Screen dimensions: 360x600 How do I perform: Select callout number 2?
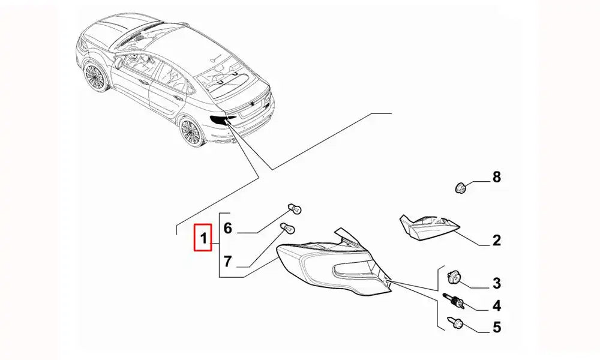496,241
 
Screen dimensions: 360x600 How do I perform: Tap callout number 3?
496,283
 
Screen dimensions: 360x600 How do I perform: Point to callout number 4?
496,306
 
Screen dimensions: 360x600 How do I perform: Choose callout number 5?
496,328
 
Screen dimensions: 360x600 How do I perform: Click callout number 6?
227,228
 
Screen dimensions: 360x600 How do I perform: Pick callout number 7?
227,261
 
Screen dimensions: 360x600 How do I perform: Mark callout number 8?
496,177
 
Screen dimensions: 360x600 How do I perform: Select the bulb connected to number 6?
296,209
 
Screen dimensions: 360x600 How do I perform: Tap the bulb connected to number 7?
287,229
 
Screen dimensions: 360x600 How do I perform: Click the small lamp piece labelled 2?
427,227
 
